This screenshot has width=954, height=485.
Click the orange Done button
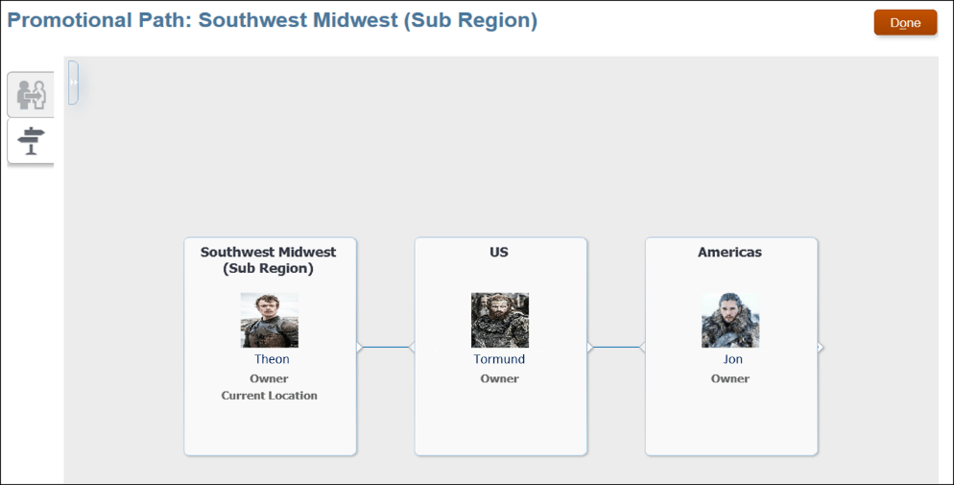click(905, 22)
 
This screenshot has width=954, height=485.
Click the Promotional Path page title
click(272, 20)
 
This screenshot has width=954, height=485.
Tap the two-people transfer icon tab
click(31, 94)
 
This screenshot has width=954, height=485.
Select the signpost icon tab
click(31, 141)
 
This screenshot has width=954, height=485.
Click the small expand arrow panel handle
click(74, 83)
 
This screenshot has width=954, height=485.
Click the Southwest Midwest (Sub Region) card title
click(269, 260)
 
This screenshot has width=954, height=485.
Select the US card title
click(499, 252)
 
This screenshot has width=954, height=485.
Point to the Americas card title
click(729, 252)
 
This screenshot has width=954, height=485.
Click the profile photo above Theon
click(270, 320)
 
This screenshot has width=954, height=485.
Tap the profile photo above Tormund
click(500, 320)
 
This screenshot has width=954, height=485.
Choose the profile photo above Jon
click(730, 320)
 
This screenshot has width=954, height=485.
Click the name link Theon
click(272, 359)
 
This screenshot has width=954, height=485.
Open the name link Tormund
click(499, 359)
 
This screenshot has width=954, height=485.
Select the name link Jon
click(733, 359)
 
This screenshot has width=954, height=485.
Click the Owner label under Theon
click(269, 378)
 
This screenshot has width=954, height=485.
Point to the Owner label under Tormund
click(499, 378)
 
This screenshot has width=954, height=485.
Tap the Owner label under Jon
click(730, 378)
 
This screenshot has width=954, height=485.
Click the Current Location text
click(270, 396)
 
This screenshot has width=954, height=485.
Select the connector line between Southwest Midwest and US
click(386, 348)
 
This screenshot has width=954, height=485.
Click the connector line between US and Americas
click(616, 348)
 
